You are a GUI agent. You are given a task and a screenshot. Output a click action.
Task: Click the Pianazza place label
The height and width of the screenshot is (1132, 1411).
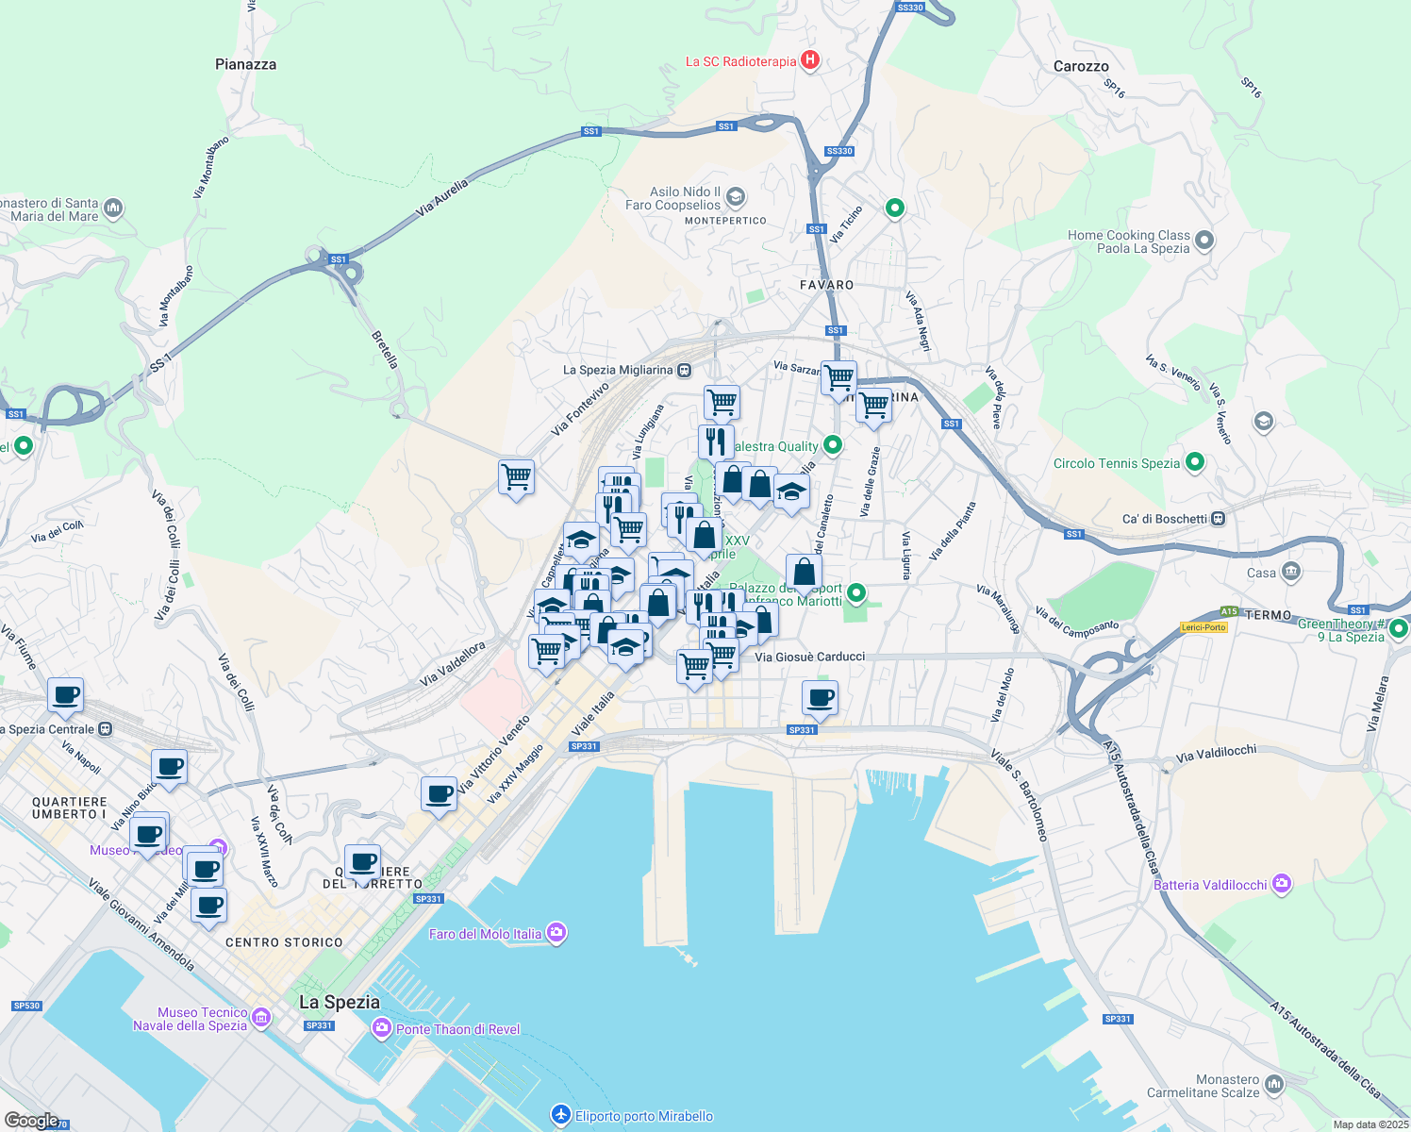[245, 64]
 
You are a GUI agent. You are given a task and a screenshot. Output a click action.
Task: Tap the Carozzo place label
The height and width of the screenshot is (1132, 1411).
[1081, 66]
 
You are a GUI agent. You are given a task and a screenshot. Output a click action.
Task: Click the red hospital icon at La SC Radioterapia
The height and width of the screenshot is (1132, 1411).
[809, 60]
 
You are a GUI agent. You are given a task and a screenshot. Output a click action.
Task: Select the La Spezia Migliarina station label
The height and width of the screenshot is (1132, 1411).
[618, 370]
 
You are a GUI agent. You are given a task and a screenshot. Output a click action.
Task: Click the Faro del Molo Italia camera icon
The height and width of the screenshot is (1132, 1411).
[556, 933]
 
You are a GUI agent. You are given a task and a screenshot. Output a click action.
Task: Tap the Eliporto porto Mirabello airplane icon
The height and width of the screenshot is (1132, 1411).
[561, 1116]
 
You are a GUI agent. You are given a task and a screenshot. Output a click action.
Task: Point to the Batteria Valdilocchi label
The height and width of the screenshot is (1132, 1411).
[1210, 885]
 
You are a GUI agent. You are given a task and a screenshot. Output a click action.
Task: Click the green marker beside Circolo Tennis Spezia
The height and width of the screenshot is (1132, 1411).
[1195, 462]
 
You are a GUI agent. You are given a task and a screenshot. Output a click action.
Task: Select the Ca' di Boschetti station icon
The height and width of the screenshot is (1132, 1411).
[1219, 518]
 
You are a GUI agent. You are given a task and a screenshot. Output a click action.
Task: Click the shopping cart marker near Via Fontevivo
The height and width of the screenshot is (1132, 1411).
[516, 476]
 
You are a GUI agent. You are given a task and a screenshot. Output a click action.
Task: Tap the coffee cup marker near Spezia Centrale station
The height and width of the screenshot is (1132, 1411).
[65, 696]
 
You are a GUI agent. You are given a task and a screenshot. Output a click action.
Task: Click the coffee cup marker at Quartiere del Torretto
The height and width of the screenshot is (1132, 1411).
[362, 861]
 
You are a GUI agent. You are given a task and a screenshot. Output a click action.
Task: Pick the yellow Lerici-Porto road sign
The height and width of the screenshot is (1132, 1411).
[1203, 627]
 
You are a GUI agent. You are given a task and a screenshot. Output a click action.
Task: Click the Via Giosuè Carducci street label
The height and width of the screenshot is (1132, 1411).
[809, 657]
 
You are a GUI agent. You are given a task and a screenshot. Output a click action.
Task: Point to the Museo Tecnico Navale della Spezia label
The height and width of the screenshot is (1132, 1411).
[191, 1019]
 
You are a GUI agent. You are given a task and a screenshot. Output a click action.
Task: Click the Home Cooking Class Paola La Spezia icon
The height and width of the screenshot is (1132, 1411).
[1203, 241]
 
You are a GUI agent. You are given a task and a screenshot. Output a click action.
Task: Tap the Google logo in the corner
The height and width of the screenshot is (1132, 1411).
[31, 1121]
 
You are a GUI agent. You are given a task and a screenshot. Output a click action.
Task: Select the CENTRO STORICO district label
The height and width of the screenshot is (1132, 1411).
[284, 942]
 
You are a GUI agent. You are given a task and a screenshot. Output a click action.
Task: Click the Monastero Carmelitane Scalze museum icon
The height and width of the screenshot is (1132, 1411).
[1274, 1085]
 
